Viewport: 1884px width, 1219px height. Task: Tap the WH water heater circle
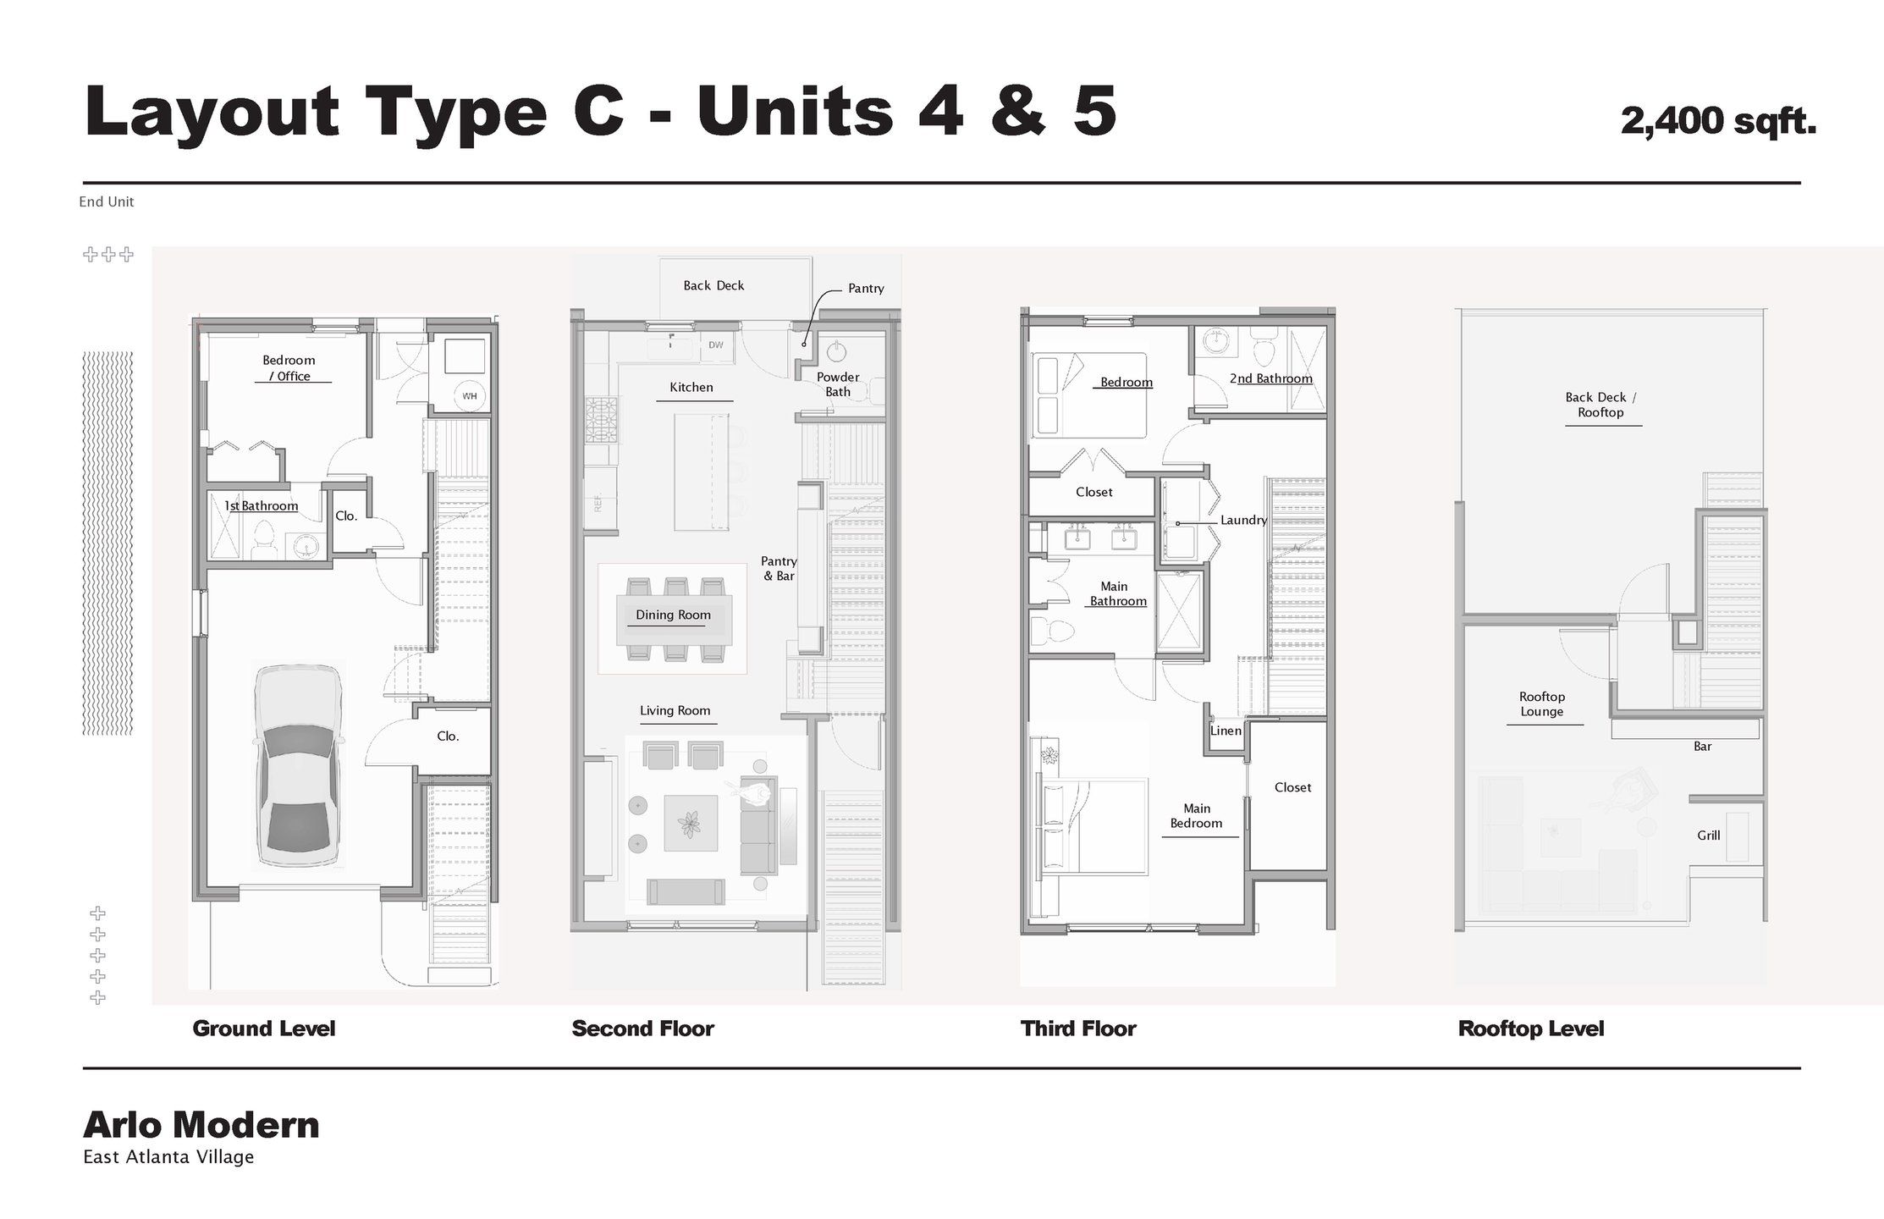click(469, 395)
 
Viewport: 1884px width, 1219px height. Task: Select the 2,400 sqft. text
click(1717, 121)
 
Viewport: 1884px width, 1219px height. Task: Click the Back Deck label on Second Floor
click(713, 286)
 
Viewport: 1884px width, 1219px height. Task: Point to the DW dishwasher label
click(716, 345)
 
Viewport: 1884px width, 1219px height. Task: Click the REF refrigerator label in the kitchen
click(598, 504)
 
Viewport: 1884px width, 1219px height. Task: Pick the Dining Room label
click(673, 615)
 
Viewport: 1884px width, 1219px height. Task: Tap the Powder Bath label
click(838, 384)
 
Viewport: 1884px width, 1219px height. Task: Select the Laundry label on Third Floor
click(1242, 521)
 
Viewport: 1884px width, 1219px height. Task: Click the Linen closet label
click(1226, 731)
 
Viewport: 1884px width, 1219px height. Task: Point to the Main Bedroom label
click(1196, 816)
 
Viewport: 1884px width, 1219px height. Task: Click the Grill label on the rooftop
click(1708, 836)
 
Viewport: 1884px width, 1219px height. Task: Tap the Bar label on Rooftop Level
click(1702, 747)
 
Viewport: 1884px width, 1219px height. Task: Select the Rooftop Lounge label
click(1541, 704)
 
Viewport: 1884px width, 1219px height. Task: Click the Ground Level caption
click(264, 1029)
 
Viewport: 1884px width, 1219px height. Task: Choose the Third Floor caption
click(1078, 1029)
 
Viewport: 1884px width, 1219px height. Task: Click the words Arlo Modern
click(201, 1125)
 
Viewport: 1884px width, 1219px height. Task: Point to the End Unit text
click(107, 201)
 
